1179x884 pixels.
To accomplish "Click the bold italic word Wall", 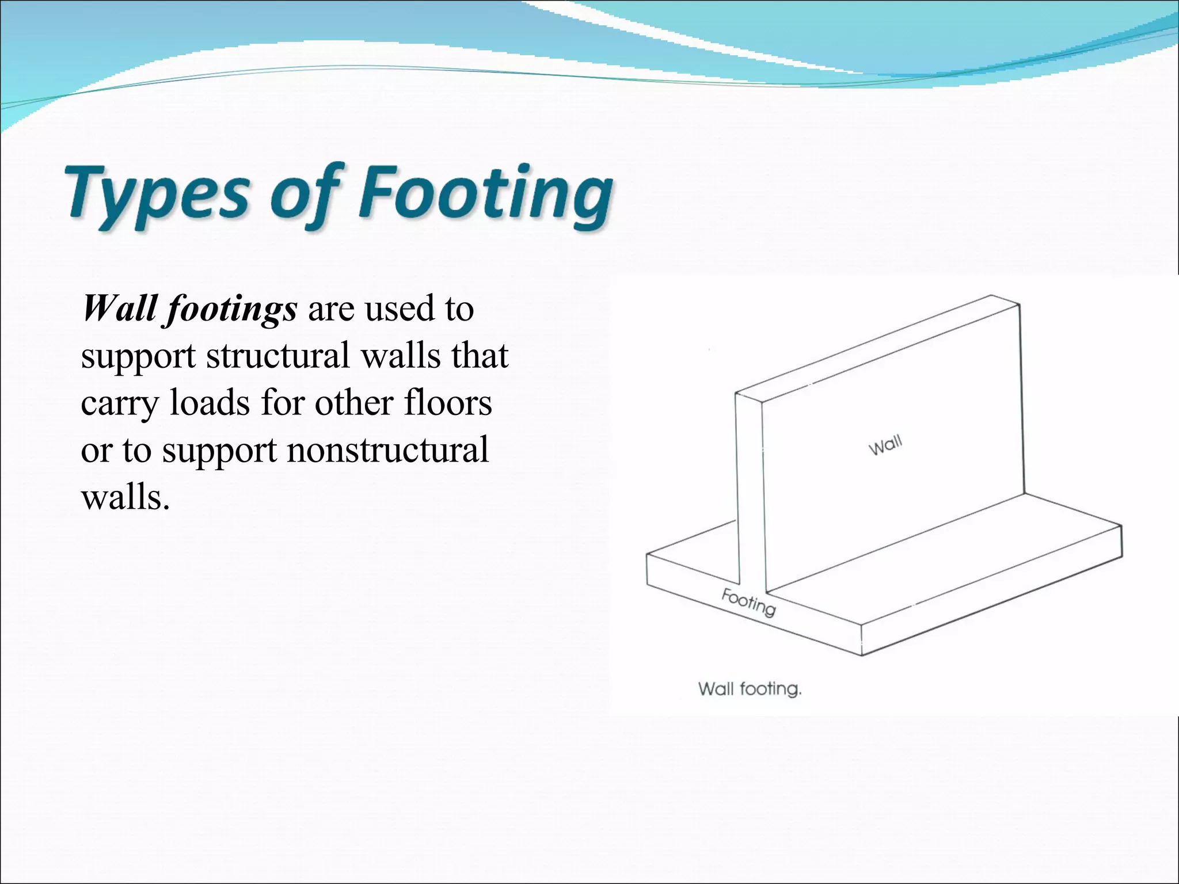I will pyautogui.click(x=119, y=308).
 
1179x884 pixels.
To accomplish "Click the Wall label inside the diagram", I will pyautogui.click(x=885, y=445).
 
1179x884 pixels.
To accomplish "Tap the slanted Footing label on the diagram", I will pyautogui.click(x=748, y=602).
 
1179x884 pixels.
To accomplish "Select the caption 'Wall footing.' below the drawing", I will pyautogui.click(x=750, y=689).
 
